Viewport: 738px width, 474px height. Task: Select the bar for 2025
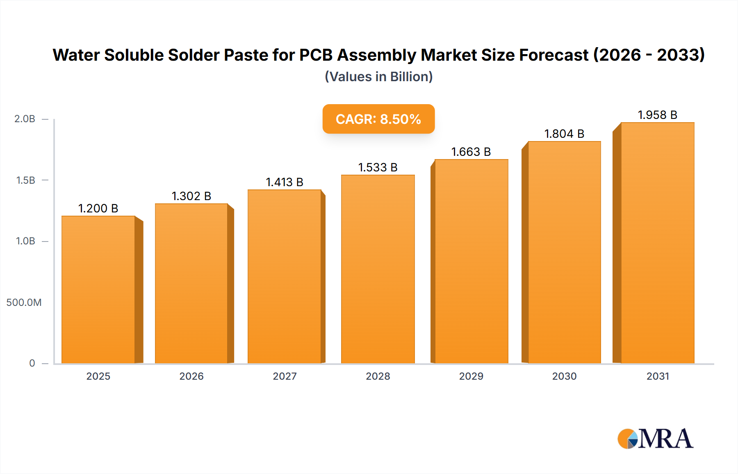98,289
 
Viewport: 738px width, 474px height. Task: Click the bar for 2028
378,269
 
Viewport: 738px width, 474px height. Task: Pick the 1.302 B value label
191,196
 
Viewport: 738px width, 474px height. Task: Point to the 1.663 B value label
471,152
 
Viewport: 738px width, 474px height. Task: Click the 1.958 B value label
657,115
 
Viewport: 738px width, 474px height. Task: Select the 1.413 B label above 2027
285,182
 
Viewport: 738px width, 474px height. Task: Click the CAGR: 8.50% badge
378,119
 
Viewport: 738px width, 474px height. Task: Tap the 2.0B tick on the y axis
25,119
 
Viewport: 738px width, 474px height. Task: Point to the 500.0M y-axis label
24,302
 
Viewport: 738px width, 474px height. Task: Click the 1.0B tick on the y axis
25,241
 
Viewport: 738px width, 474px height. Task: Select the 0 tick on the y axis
32,363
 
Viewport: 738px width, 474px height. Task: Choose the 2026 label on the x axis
191,376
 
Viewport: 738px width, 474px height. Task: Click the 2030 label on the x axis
564,376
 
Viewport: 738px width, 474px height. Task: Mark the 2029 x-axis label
471,376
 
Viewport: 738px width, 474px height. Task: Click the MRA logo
655,439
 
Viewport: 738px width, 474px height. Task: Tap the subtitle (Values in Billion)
378,77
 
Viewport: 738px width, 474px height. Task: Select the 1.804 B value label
564,134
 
